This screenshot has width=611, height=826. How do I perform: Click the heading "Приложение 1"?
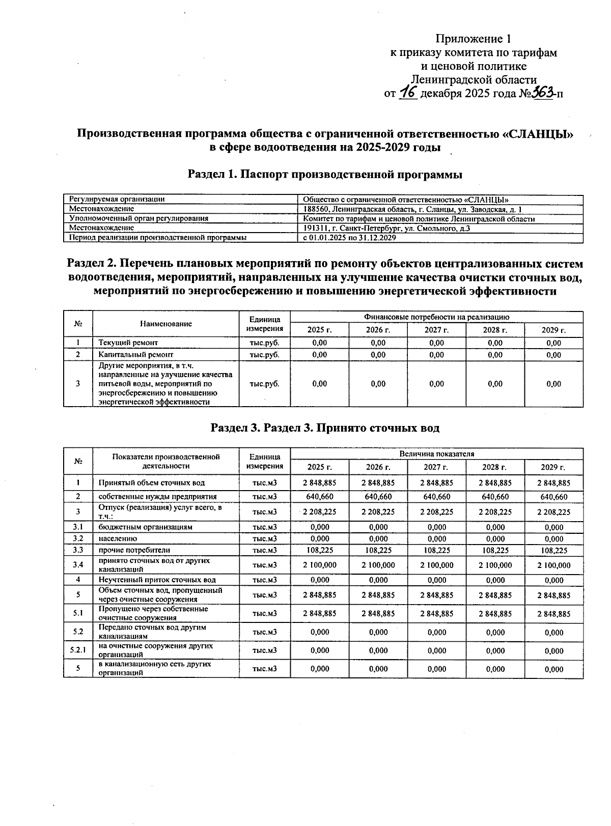pos(473,39)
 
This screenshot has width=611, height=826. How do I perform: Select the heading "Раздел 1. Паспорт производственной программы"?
pos(325,175)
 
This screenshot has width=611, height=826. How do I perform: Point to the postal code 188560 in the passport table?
pos(315,209)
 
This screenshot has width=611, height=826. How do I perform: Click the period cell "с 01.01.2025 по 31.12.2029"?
pos(349,238)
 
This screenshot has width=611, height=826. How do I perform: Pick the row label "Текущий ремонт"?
pos(128,343)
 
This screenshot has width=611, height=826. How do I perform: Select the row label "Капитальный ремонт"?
pos(136,355)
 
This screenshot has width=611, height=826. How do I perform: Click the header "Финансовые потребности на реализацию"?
pos(436,317)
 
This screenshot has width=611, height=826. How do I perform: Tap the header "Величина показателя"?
pos(436,454)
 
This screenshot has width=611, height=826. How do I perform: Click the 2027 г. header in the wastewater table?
pos(436,467)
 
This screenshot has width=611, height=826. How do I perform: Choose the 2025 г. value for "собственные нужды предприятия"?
pos(319,497)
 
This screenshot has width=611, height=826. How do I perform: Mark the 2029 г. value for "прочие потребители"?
pos(553,550)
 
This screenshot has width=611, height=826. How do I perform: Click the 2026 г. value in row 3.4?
pos(378,565)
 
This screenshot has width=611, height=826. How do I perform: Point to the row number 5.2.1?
pos(78,650)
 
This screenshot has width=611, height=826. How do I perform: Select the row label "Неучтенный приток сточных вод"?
pos(157,580)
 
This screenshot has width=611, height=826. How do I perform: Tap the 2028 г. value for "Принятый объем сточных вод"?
pos(495,482)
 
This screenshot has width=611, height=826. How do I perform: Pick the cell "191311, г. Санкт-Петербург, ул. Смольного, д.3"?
pos(386,228)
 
